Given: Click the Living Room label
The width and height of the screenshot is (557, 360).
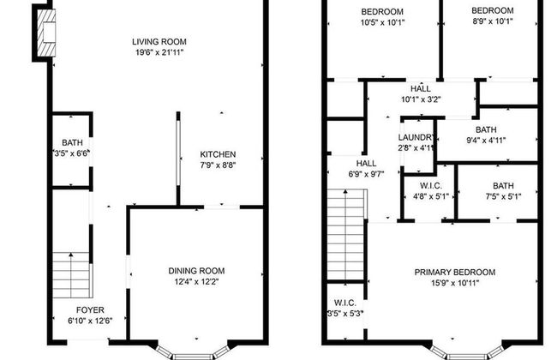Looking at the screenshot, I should (159, 41).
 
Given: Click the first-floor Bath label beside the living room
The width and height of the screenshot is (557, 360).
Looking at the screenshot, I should (71, 142).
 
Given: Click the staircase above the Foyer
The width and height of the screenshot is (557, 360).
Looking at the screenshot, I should (72, 273).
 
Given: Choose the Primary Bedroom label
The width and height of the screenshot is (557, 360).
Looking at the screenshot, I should (454, 273).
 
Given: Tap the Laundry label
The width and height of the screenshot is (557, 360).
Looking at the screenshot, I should (416, 137).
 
